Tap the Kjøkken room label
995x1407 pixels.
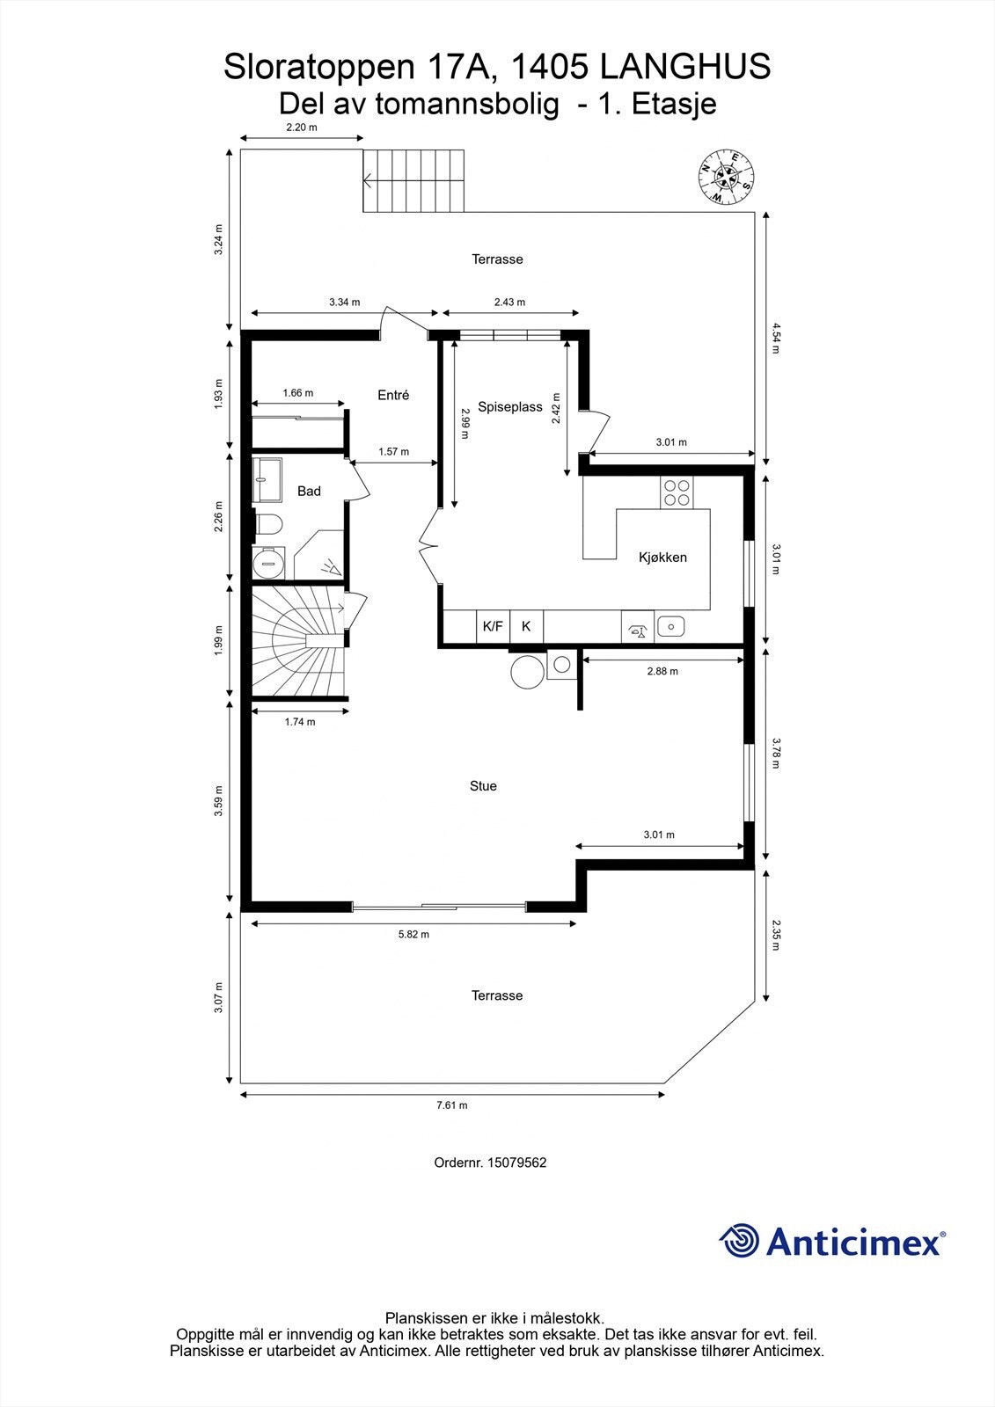coord(662,558)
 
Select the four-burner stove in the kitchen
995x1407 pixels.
coord(677,492)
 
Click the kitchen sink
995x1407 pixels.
coord(670,626)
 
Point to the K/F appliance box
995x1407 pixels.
coord(493,626)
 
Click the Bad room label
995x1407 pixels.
coord(309,491)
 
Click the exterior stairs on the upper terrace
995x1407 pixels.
coord(413,180)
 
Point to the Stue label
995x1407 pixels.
coord(483,786)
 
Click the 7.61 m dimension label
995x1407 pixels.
coord(451,1105)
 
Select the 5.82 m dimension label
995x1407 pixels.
coord(413,934)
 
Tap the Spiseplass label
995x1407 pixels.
coord(509,406)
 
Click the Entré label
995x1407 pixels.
coord(393,396)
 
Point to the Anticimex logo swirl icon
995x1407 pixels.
coord(739,1241)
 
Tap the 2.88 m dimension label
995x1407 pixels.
coord(662,671)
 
